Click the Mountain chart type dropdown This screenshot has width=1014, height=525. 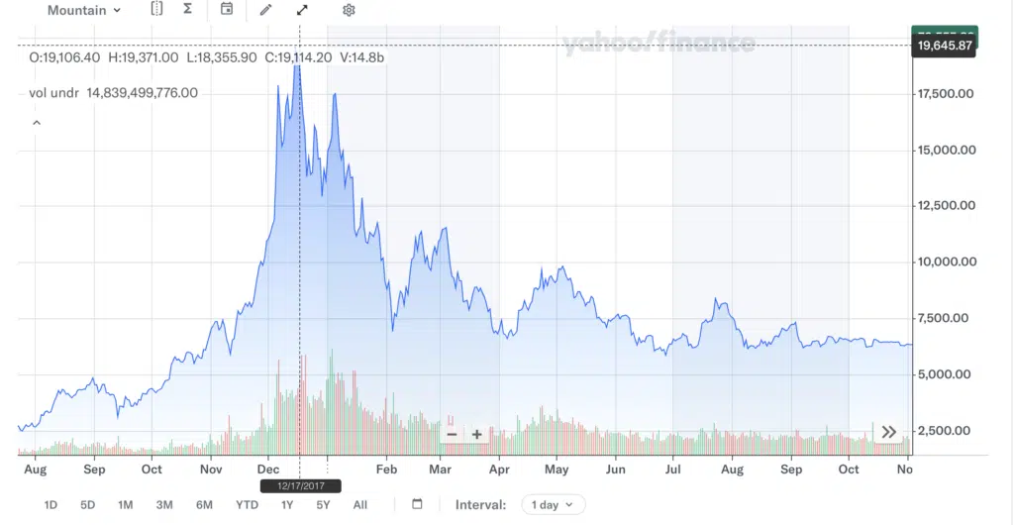[x=84, y=10]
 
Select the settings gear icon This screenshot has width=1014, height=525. [x=349, y=10]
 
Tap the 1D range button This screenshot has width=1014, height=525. [x=51, y=505]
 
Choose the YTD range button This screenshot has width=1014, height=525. [x=247, y=505]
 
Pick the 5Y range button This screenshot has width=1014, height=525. [x=323, y=505]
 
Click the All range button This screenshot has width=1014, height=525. [x=360, y=505]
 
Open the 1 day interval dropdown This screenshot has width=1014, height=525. [x=553, y=505]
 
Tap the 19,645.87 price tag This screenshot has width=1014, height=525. [x=944, y=46]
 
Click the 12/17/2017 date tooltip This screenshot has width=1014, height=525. [x=300, y=486]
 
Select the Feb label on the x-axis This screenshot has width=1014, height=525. [x=386, y=470]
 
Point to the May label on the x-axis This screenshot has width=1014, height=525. [x=557, y=470]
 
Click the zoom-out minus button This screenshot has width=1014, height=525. [x=453, y=434]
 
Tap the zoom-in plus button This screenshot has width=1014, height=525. [x=476, y=434]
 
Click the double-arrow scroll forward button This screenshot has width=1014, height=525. [x=888, y=432]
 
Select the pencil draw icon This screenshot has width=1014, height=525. [x=264, y=10]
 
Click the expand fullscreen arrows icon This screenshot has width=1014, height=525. [x=302, y=10]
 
